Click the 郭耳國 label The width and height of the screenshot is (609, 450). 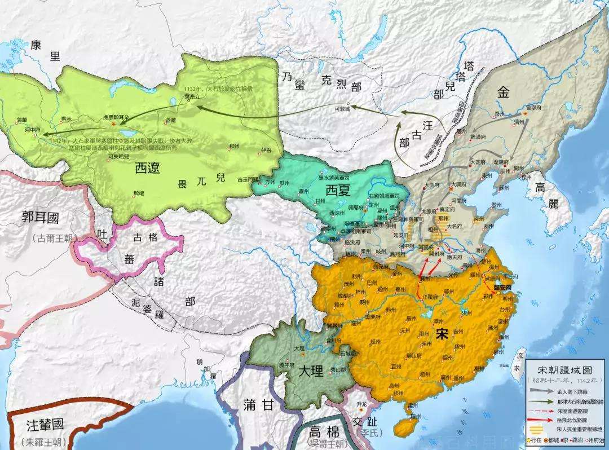click(40, 218)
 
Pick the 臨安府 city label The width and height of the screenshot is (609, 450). click(497, 287)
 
